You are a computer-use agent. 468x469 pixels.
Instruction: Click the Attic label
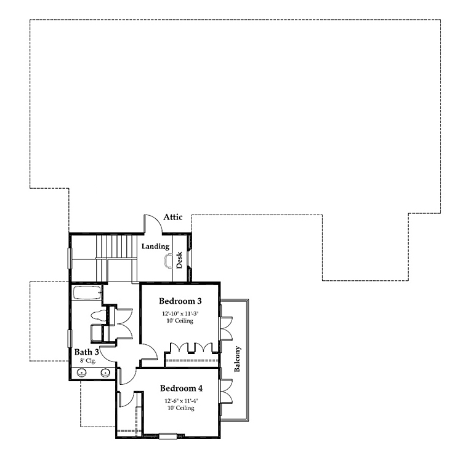pos(173,217)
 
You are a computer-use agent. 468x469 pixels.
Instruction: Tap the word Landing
pos(156,246)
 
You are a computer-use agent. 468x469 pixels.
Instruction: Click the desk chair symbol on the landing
pos(167,261)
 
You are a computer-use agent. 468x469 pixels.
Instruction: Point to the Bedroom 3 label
pos(180,301)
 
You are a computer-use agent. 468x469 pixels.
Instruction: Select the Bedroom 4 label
pos(181,388)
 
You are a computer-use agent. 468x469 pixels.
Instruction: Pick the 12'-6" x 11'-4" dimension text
pos(181,400)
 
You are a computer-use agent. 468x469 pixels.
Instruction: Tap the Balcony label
pos(238,359)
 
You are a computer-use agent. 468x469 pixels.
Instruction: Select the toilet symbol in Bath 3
pos(98,316)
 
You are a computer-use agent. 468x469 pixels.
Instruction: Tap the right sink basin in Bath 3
pos(105,372)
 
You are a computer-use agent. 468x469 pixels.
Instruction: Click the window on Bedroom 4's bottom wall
pos(167,436)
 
